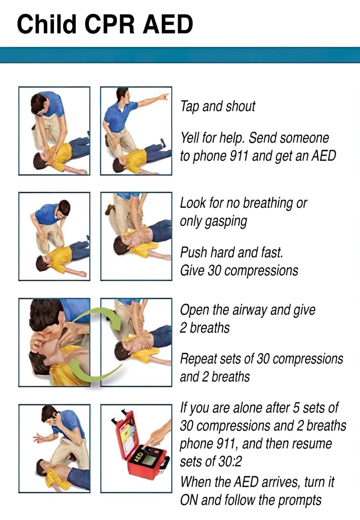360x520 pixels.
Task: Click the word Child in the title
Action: [x=47, y=24]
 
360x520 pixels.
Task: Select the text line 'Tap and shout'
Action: [x=218, y=106]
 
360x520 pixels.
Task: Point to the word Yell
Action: [x=190, y=138]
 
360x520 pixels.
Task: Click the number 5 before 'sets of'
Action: [x=295, y=408]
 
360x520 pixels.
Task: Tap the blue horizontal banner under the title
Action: [x=180, y=55]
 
